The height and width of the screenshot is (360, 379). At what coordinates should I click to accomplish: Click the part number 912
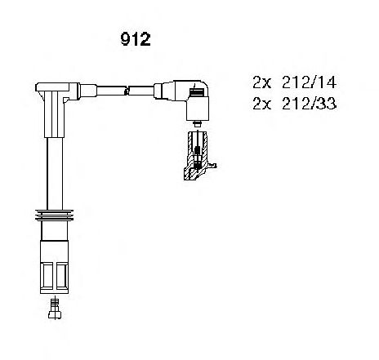(135, 39)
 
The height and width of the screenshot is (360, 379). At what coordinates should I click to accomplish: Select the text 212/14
(309, 82)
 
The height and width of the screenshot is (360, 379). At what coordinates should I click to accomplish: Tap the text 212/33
(309, 104)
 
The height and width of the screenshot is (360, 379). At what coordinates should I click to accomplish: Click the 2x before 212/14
(262, 82)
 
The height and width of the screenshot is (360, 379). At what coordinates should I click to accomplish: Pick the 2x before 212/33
(262, 104)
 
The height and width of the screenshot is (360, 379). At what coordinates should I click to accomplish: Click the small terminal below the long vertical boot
(55, 308)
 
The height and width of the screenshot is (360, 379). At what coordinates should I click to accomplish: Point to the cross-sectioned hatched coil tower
(198, 156)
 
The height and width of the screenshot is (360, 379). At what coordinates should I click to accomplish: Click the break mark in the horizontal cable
(127, 91)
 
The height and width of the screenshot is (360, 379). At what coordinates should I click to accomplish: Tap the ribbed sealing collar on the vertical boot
(54, 216)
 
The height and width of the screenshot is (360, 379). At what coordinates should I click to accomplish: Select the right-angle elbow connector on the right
(190, 100)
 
